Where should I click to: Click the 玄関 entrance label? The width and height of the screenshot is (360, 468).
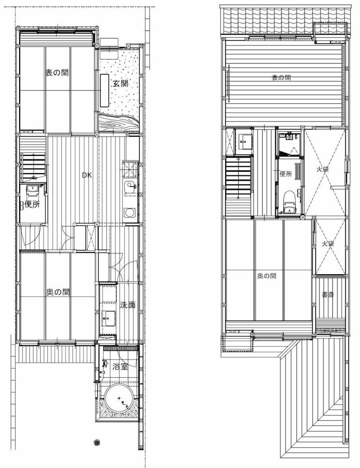pyautogui.click(x=121, y=84)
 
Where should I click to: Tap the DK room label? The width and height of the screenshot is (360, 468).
pyautogui.click(x=87, y=175)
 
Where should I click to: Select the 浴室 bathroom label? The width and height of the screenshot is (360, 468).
pyautogui.click(x=120, y=366)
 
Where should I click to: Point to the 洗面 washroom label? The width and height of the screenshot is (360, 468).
pyautogui.click(x=128, y=305)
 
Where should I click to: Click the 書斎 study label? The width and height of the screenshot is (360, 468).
pyautogui.click(x=328, y=295)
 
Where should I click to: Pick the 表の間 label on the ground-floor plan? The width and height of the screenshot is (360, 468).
pyautogui.click(x=57, y=73)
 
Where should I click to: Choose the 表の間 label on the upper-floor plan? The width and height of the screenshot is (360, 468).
pyautogui.click(x=281, y=78)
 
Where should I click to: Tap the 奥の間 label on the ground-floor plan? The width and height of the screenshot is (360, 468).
pyautogui.click(x=58, y=292)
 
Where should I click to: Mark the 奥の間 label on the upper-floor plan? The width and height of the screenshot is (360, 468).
pyautogui.click(x=266, y=276)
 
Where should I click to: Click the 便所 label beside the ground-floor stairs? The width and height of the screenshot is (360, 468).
pyautogui.click(x=32, y=205)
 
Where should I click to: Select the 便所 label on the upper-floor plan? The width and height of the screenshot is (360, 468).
pyautogui.click(x=286, y=174)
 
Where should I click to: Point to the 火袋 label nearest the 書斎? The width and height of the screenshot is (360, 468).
pyautogui.click(x=327, y=243)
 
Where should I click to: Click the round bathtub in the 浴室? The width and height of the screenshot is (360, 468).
pyautogui.click(x=119, y=398)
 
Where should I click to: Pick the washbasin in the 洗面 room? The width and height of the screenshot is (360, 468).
pyautogui.click(x=108, y=318)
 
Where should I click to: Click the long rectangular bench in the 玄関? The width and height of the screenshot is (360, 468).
pyautogui.click(x=104, y=90)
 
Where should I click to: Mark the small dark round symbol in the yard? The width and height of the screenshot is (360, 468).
pyautogui.click(x=96, y=442)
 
